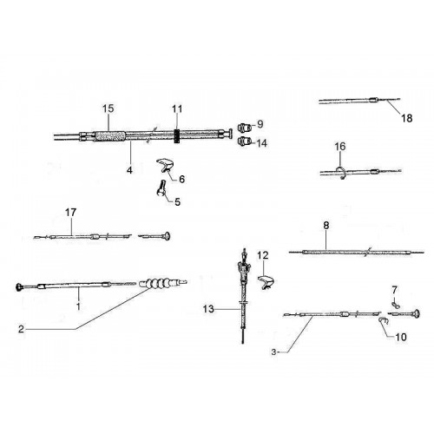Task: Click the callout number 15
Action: pos(108,108)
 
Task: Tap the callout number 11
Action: pos(177,109)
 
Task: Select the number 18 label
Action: pos(406,118)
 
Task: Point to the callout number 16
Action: pos(340,147)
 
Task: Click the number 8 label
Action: pos(326,226)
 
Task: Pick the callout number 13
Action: pos(208,309)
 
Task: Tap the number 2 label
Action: pos(21,329)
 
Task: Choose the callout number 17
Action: pos(70,213)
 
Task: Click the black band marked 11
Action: pos(177,135)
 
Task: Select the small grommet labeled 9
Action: pos(244,127)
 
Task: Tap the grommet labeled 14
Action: pos(244,141)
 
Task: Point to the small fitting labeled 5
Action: pos(161,188)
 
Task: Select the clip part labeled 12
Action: pos(266,282)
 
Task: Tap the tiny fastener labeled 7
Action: pos(395,305)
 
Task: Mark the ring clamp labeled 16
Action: pos(341,173)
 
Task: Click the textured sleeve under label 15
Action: pos(110,136)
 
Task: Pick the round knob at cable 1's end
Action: pos(20,287)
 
